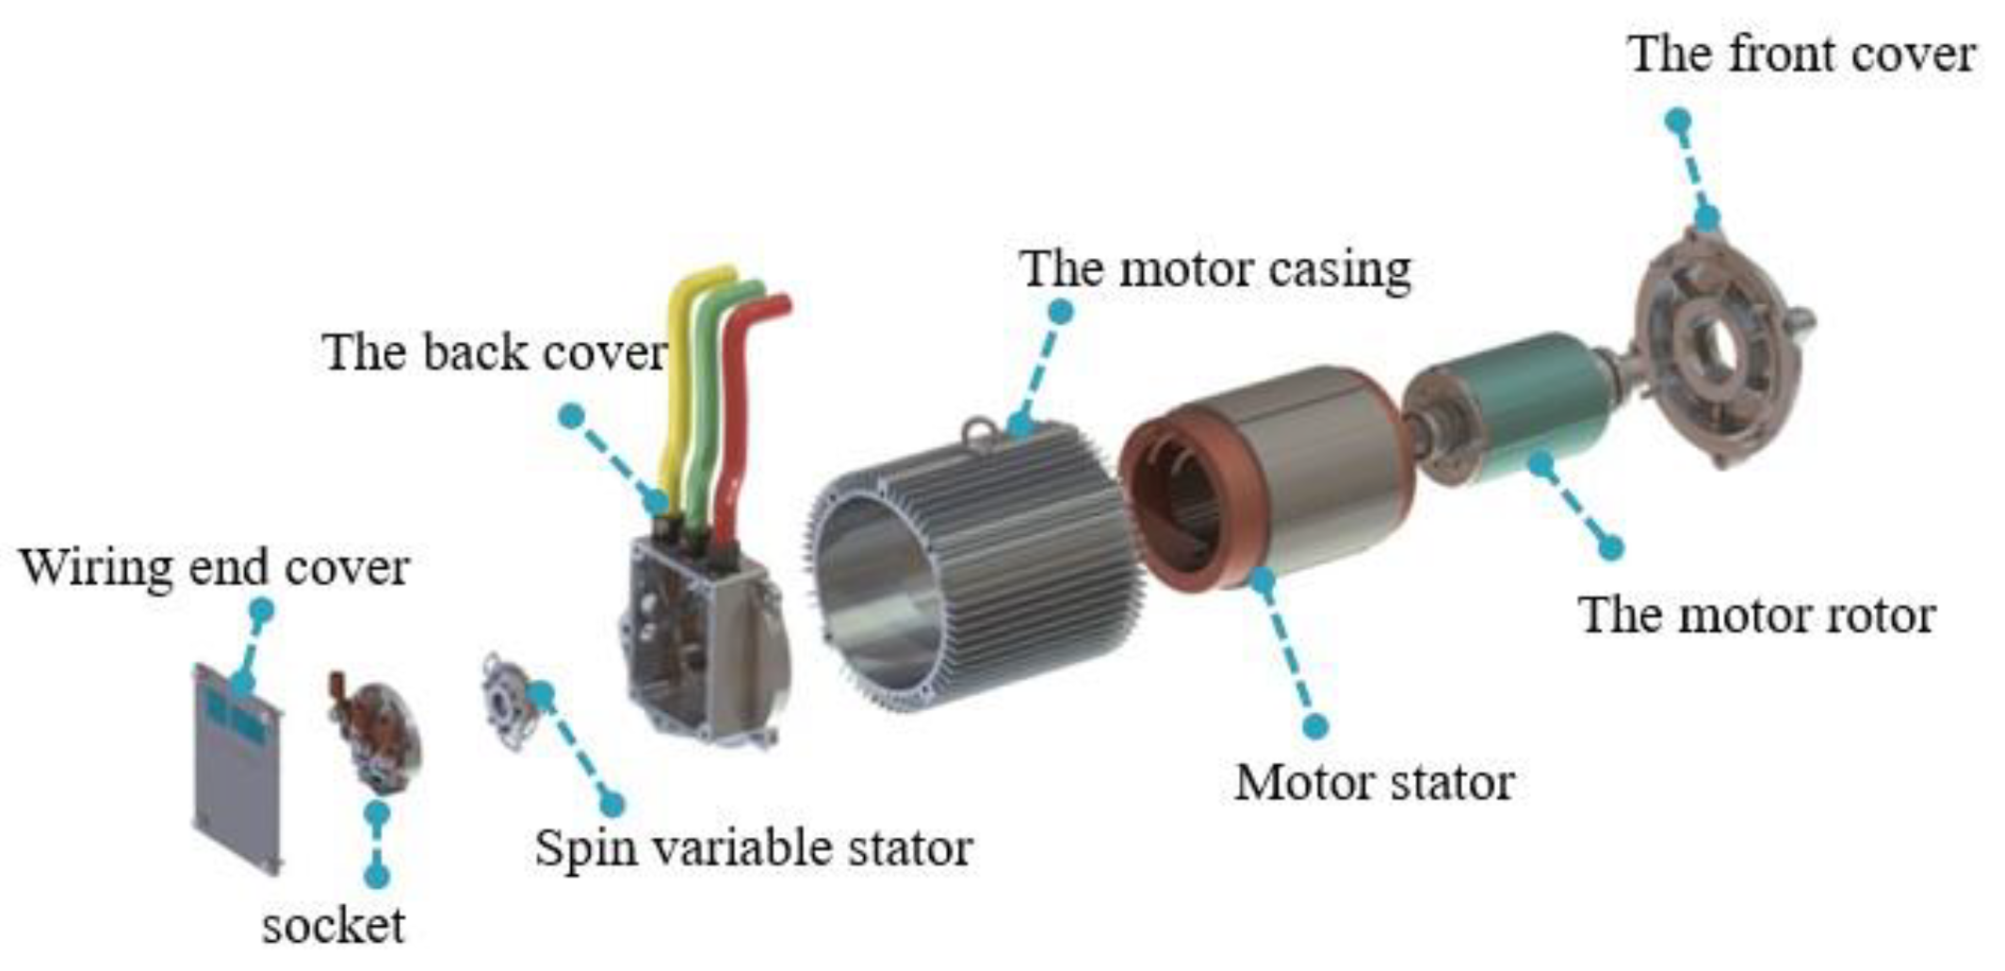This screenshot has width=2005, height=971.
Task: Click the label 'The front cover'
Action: click(1801, 54)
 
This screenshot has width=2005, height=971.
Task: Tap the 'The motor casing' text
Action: click(1215, 269)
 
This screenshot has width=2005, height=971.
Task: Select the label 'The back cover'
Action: click(495, 353)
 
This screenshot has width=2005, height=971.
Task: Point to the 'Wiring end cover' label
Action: click(214, 568)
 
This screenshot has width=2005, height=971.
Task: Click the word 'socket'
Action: click(334, 926)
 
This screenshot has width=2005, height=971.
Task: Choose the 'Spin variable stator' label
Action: click(753, 848)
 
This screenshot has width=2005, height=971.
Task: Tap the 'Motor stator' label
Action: click(1374, 783)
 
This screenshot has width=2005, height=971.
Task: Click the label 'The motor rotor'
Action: click(1756, 615)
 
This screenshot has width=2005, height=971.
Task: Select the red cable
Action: click(740, 424)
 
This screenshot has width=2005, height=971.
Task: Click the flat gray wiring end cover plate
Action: click(237, 772)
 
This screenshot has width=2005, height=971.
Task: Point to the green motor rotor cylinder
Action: click(1517, 405)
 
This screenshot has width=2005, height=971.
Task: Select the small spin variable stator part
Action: click(509, 702)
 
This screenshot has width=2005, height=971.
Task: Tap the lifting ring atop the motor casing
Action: click(980, 434)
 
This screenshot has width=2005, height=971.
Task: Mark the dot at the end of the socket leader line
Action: click(377, 877)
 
